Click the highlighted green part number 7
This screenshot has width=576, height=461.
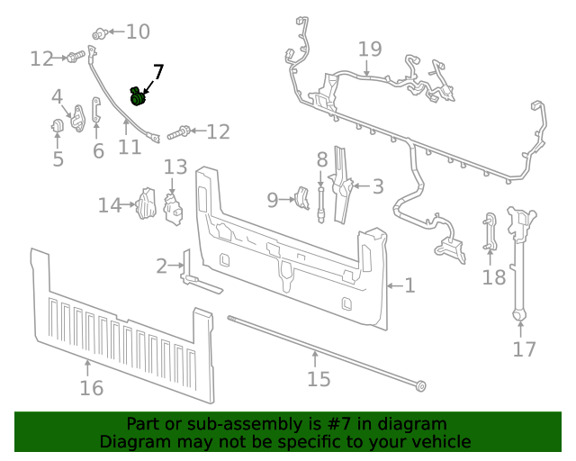point(138,95)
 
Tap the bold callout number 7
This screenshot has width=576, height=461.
point(158,72)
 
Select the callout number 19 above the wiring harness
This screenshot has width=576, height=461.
point(369,49)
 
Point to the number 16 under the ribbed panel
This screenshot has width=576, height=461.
point(91,388)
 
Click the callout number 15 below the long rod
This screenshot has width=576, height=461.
point(319,378)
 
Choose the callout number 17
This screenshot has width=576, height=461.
point(524,349)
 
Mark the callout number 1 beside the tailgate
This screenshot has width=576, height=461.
point(409,285)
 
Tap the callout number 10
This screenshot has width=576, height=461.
point(138,32)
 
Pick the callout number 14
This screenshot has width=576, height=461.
point(109,206)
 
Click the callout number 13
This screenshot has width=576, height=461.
point(175,167)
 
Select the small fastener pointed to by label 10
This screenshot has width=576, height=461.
point(101,34)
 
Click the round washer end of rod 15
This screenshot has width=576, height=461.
point(420,387)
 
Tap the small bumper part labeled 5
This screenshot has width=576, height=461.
point(57,125)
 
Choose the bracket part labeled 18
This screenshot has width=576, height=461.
point(490,231)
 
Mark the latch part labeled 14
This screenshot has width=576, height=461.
point(145,204)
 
